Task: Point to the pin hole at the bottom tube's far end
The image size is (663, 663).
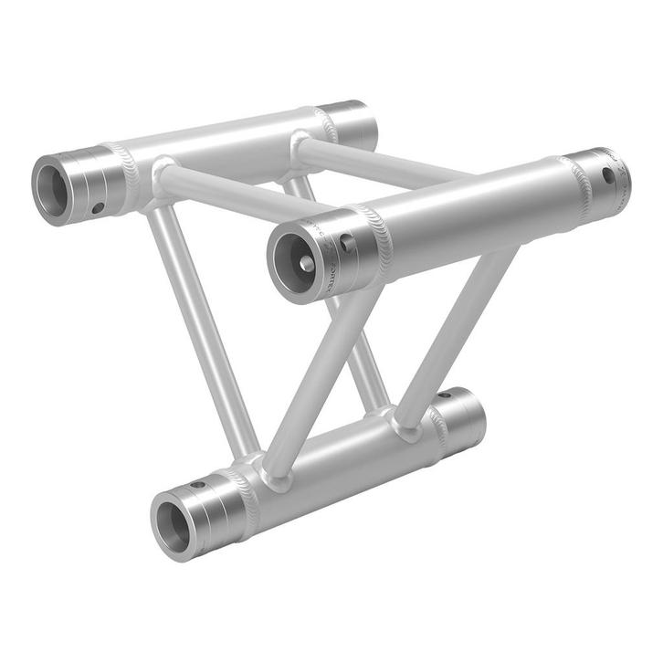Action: tap(445, 395)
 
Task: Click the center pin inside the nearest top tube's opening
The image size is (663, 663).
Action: tap(305, 262)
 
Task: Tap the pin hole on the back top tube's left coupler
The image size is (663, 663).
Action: tap(97, 208)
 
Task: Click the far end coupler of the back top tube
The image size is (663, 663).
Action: tap(352, 125)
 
